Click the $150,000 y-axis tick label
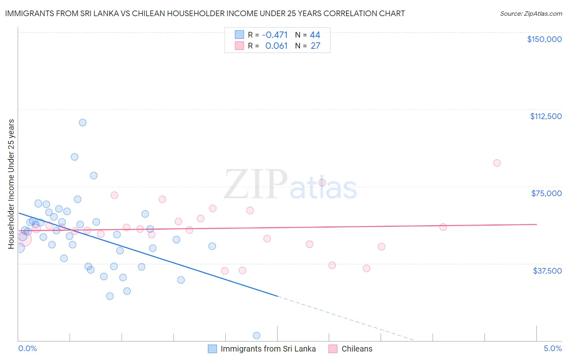pos(544,39)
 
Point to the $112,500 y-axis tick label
pos(546,116)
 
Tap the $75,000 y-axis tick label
pos(546,193)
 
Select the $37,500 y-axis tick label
pos(547,271)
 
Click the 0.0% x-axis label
pos(27,349)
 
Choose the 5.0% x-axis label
pos(552,349)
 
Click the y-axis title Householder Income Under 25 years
pos(11,184)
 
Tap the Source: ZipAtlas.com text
pos(531,14)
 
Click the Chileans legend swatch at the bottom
pos(333,349)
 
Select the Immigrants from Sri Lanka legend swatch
pos(212,349)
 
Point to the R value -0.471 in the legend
pos(275,35)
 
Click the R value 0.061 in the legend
pos(276,46)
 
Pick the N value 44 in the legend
pos(315,35)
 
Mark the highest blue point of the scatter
pos(83,123)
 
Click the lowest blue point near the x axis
pos(256,335)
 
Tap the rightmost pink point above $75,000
pos(497,163)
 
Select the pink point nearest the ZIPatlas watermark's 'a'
pos(322,182)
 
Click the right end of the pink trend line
pos(536,224)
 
